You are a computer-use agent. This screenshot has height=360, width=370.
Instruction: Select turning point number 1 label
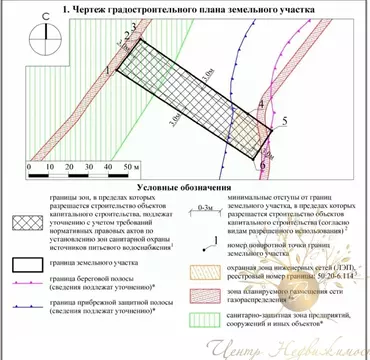click(x=106, y=70)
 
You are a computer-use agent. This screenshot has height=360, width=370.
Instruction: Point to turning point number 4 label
click(x=262, y=104)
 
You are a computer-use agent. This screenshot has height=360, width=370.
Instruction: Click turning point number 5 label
click(x=285, y=120)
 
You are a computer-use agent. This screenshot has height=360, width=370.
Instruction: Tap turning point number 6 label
click(x=263, y=160)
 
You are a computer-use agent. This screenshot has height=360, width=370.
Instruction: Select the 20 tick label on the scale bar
click(x=58, y=167)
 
